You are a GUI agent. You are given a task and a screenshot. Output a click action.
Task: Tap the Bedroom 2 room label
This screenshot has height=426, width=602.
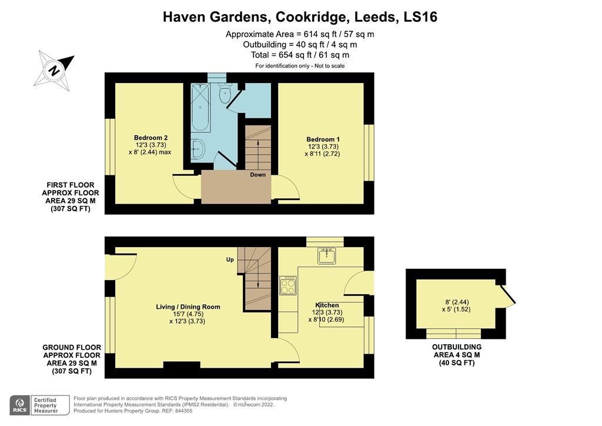[x=146, y=138]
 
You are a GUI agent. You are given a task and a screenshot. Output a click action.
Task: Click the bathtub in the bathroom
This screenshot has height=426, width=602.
[x=199, y=107]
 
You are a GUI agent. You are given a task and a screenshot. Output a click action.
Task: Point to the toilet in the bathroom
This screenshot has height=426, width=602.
[x=224, y=94]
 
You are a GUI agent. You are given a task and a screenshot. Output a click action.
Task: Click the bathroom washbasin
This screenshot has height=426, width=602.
[x=197, y=149]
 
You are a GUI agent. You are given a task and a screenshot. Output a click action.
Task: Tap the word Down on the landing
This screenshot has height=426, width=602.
[x=257, y=175]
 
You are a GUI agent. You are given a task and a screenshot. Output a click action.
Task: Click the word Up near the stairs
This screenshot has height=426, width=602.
[x=230, y=259]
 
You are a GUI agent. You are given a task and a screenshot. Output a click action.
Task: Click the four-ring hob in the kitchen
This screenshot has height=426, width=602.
[x=287, y=285]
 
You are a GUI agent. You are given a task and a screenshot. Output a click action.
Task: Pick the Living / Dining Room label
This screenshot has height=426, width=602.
[x=188, y=307]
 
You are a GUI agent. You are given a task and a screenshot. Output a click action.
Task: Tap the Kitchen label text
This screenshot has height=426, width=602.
[x=326, y=305]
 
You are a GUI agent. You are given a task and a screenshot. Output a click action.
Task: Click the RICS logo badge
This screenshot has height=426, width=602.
[x=20, y=405]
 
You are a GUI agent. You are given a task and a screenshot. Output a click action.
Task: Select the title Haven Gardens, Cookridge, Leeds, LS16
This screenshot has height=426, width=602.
[x=300, y=17]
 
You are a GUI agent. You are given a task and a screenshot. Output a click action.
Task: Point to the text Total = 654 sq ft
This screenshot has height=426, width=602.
[x=300, y=55]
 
